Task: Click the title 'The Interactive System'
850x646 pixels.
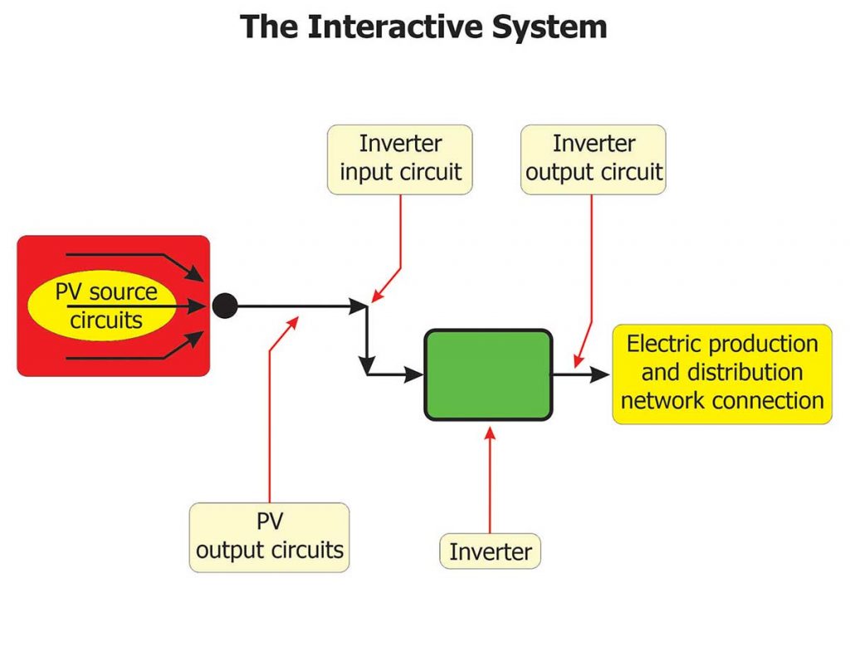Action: coord(424,27)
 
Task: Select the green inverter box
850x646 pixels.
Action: coord(488,374)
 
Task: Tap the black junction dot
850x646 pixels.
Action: coord(224,306)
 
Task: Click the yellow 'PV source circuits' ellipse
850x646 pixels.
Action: coord(105,306)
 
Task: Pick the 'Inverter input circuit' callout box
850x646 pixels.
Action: coord(400,159)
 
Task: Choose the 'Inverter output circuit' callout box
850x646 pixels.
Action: coord(594,159)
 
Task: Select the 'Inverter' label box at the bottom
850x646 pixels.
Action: coord(490,551)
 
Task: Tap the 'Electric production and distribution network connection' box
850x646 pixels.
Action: coord(721,374)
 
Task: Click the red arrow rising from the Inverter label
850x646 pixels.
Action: coord(490,482)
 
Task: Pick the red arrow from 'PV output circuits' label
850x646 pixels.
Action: coord(271,415)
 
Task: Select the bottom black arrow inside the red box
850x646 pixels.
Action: coord(133,354)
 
